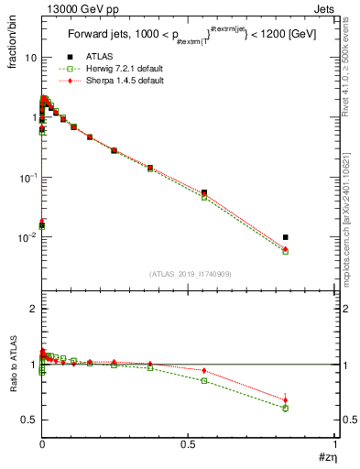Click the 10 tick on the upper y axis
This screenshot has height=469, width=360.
click(30, 58)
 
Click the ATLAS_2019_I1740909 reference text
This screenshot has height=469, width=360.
click(189, 274)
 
